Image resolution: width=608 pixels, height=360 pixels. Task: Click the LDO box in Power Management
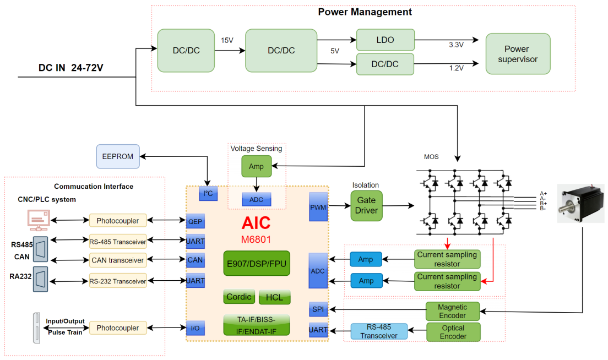pos(385,40)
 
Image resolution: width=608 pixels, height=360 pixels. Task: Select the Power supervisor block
pos(518,53)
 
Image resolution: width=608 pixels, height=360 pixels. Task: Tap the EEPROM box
pos(118,156)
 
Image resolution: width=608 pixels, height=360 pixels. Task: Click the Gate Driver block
pos(366,206)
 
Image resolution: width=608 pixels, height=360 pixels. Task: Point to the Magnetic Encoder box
pos(453,311)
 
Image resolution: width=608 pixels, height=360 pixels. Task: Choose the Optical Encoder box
pos(453,332)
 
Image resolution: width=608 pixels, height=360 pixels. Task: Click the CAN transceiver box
pos(118,260)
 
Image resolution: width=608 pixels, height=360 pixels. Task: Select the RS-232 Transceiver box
pos(118,281)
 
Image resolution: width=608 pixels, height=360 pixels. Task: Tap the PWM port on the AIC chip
pos(318,206)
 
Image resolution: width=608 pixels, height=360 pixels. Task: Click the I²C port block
pos(208,193)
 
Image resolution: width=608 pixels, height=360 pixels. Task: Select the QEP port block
pos(196,221)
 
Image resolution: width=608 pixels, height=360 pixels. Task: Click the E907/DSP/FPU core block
pos(257,263)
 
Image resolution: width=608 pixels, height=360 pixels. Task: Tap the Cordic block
pos(239,297)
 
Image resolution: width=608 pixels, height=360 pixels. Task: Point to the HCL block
pos(274,297)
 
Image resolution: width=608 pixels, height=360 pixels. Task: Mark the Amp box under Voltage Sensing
pos(256,166)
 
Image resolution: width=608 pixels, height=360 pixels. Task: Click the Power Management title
pos(365,12)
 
